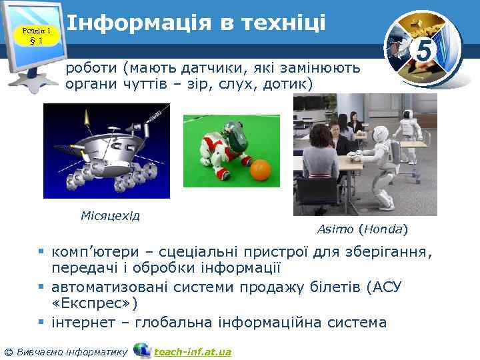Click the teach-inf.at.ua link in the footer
pos(192,351)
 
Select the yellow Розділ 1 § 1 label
pos(35,35)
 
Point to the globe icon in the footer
pos(142,351)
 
